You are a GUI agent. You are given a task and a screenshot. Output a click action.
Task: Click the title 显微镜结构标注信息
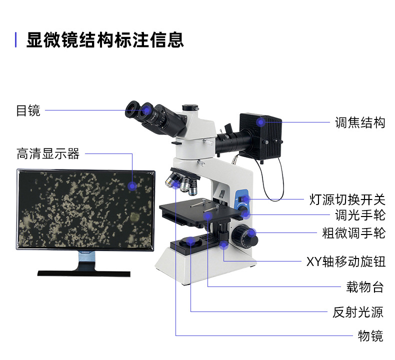point(105,39)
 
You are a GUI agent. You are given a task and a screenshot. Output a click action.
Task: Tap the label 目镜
point(28,110)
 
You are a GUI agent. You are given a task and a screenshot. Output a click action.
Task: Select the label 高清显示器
point(48,153)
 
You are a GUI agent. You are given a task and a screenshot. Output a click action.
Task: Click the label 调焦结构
point(360,122)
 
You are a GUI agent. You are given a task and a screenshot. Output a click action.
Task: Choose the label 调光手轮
point(360,215)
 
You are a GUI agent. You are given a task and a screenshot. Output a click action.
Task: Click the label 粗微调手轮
point(353,232)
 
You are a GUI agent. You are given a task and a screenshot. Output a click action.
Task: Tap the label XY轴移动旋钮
point(345,261)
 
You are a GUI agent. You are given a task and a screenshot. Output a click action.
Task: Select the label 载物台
point(365,287)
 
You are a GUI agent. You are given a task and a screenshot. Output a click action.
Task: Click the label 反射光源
point(358,312)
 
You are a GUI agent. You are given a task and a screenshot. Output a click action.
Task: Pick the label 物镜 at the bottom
point(370,336)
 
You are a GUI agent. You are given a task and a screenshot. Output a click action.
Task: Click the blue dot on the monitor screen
point(132,186)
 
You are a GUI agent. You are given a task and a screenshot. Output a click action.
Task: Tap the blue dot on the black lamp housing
point(260,121)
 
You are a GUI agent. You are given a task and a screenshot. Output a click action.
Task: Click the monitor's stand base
point(83,273)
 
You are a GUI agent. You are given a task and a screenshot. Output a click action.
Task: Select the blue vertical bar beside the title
point(16,39)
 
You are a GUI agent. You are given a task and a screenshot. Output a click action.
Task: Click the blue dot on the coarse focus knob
point(252,232)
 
